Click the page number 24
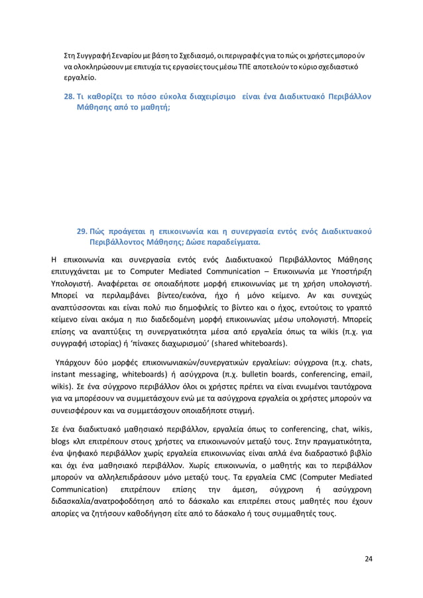pyautogui.click(x=368, y=559)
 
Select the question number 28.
pyautogui.click(x=68, y=95)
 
